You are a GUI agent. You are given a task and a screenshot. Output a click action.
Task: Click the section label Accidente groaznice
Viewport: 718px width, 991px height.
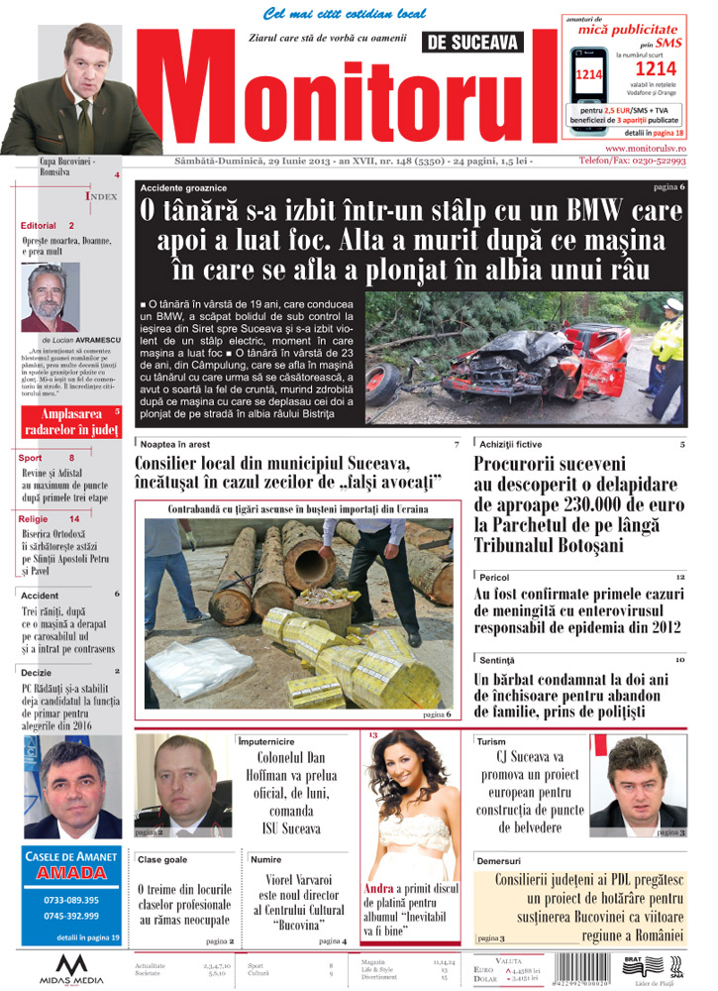(x=183, y=187)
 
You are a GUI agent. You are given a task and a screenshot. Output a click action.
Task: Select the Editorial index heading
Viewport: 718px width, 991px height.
(x=39, y=226)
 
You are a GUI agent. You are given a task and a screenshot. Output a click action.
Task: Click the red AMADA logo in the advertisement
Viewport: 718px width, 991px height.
(x=70, y=873)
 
